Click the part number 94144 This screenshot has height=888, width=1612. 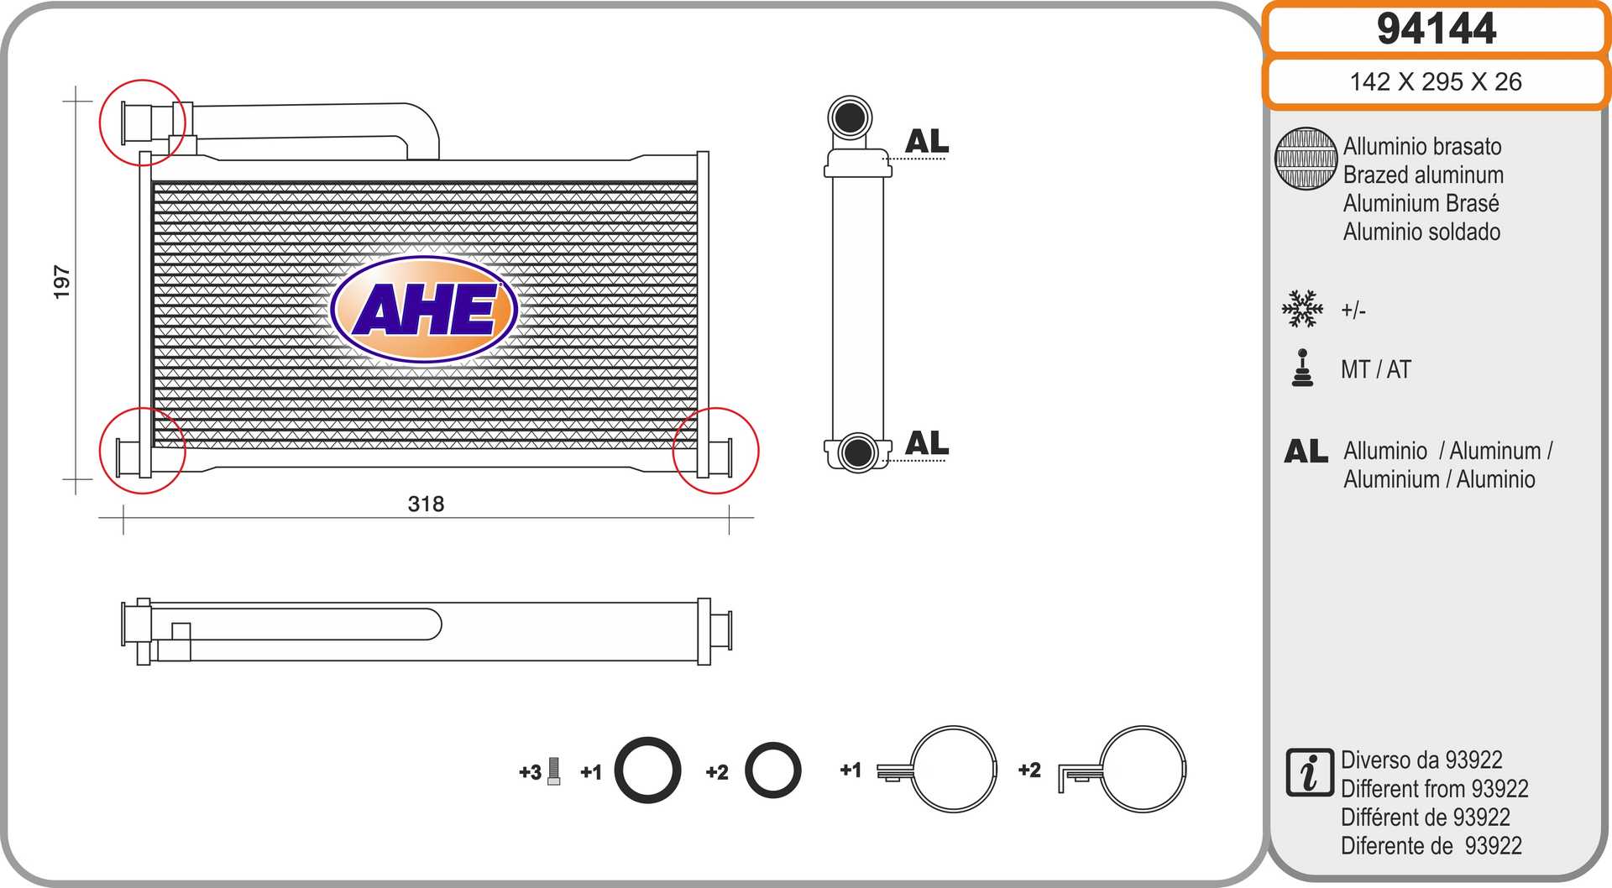coord(1436,29)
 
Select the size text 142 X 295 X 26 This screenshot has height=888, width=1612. coord(1435,81)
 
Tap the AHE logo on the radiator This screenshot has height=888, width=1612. coord(424,309)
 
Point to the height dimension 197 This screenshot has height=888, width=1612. coord(61,282)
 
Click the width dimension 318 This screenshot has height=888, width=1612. coord(426,504)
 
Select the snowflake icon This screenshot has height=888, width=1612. coord(1302,309)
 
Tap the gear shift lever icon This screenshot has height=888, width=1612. coord(1302,368)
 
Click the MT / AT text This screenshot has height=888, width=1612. coord(1375,369)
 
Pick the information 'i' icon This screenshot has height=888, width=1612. coord(1309,772)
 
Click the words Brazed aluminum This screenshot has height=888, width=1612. coord(1423,175)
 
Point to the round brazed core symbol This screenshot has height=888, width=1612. coord(1306,159)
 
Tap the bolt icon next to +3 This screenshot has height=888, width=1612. coord(553,770)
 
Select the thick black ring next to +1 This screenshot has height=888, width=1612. coord(647,770)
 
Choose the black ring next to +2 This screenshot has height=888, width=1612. coord(772,770)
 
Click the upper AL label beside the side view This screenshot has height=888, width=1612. coord(927,141)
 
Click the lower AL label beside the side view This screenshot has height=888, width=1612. coord(927,443)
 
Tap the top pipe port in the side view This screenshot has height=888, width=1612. coord(850,118)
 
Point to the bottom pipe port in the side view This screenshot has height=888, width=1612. coord(857,452)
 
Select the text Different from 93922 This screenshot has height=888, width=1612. coord(1434,789)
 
